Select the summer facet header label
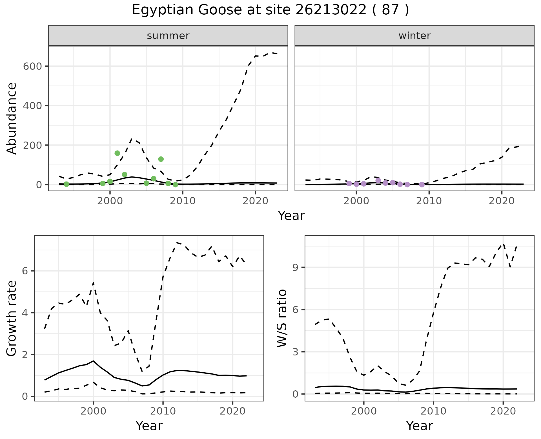click(x=168, y=36)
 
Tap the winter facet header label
click(x=414, y=36)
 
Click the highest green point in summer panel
click(x=117, y=153)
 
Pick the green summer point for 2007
click(x=161, y=159)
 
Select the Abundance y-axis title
click(x=12, y=118)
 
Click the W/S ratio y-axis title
click(x=282, y=318)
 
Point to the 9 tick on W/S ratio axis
click(x=295, y=267)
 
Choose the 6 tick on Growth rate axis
click(x=25, y=271)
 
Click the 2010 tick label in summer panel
click(x=183, y=201)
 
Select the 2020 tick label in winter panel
click(x=502, y=201)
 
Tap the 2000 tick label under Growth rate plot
click(x=93, y=411)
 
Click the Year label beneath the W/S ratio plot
click(x=419, y=426)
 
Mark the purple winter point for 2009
click(x=422, y=184)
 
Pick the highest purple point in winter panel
click(x=378, y=180)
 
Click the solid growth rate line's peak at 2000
click(x=93, y=361)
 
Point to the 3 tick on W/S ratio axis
click(x=295, y=352)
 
